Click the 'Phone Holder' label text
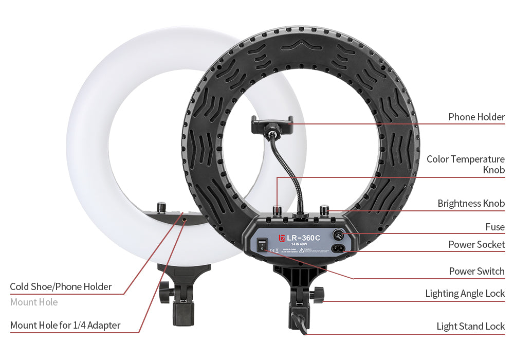point(476,117)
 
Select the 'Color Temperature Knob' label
point(466,165)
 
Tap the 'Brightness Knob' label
point(471,204)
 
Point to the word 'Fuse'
point(495,227)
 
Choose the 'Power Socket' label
point(476,245)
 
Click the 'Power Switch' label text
point(476,271)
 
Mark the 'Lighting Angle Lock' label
point(465,294)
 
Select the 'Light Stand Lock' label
point(470,326)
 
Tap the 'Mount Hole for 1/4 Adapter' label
point(65,325)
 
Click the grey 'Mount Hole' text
point(34,302)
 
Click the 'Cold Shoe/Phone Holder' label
point(61,287)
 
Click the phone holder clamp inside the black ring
point(272,123)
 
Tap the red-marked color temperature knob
point(278,210)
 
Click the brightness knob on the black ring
point(324,210)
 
